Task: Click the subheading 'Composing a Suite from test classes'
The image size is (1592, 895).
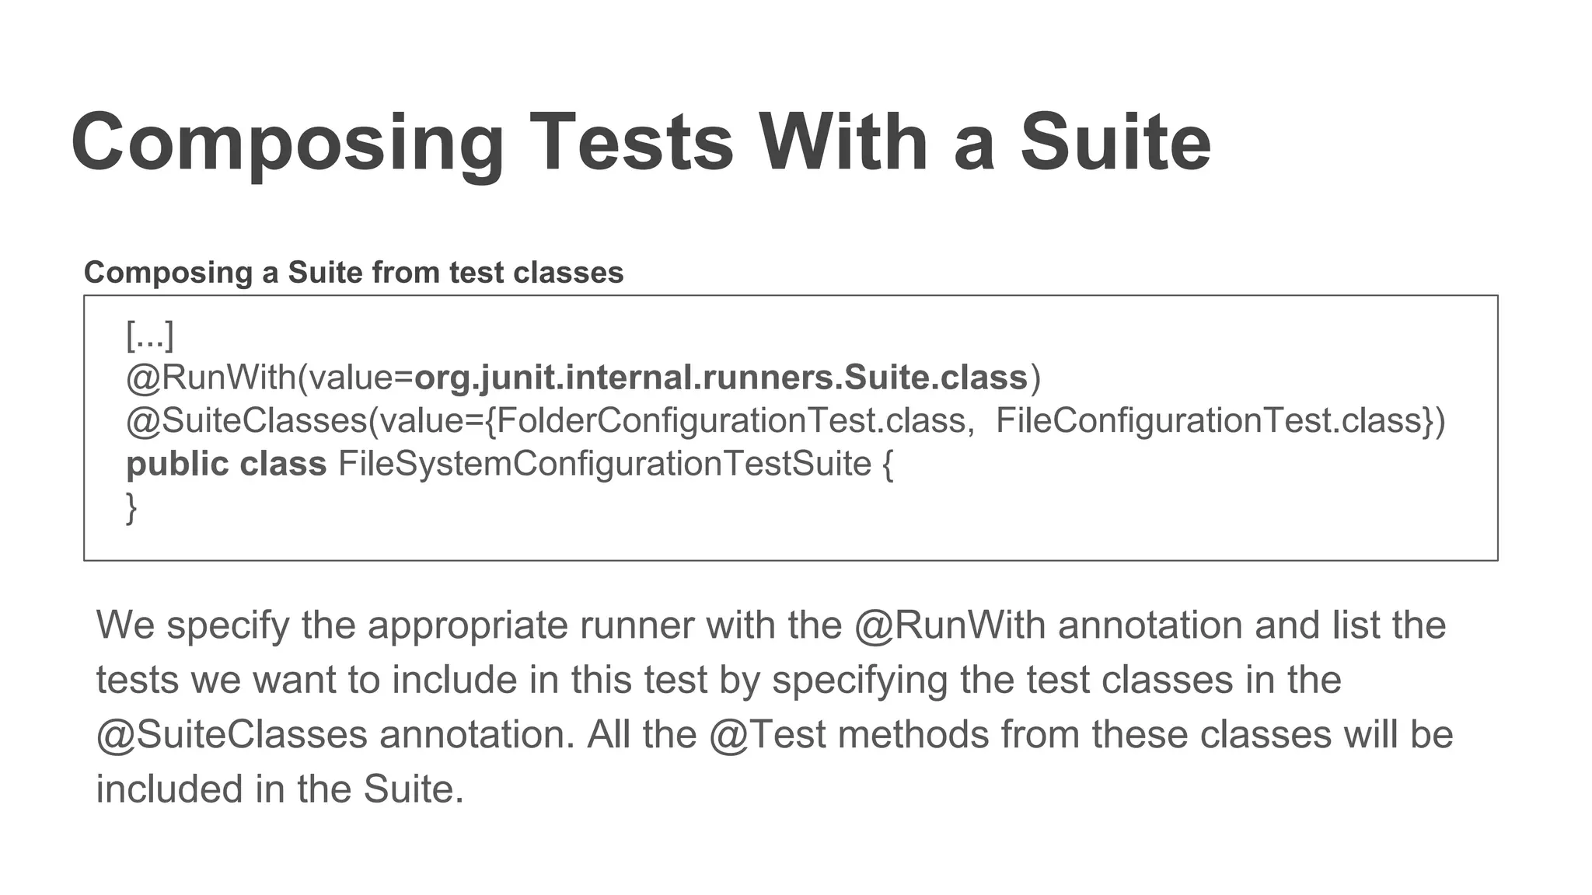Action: pyautogui.click(x=354, y=273)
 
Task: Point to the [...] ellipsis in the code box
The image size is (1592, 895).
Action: pyautogui.click(x=150, y=336)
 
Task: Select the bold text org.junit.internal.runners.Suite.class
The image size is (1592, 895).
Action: pyautogui.click(x=721, y=378)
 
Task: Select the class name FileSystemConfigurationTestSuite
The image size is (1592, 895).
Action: pyautogui.click(x=605, y=465)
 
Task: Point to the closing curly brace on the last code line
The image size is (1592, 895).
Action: pyautogui.click(x=131, y=508)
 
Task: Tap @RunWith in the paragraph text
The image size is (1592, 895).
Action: pyautogui.click(x=949, y=625)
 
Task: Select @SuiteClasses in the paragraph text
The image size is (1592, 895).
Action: pyautogui.click(x=232, y=735)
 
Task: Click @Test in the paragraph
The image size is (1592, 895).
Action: pyautogui.click(x=767, y=735)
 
